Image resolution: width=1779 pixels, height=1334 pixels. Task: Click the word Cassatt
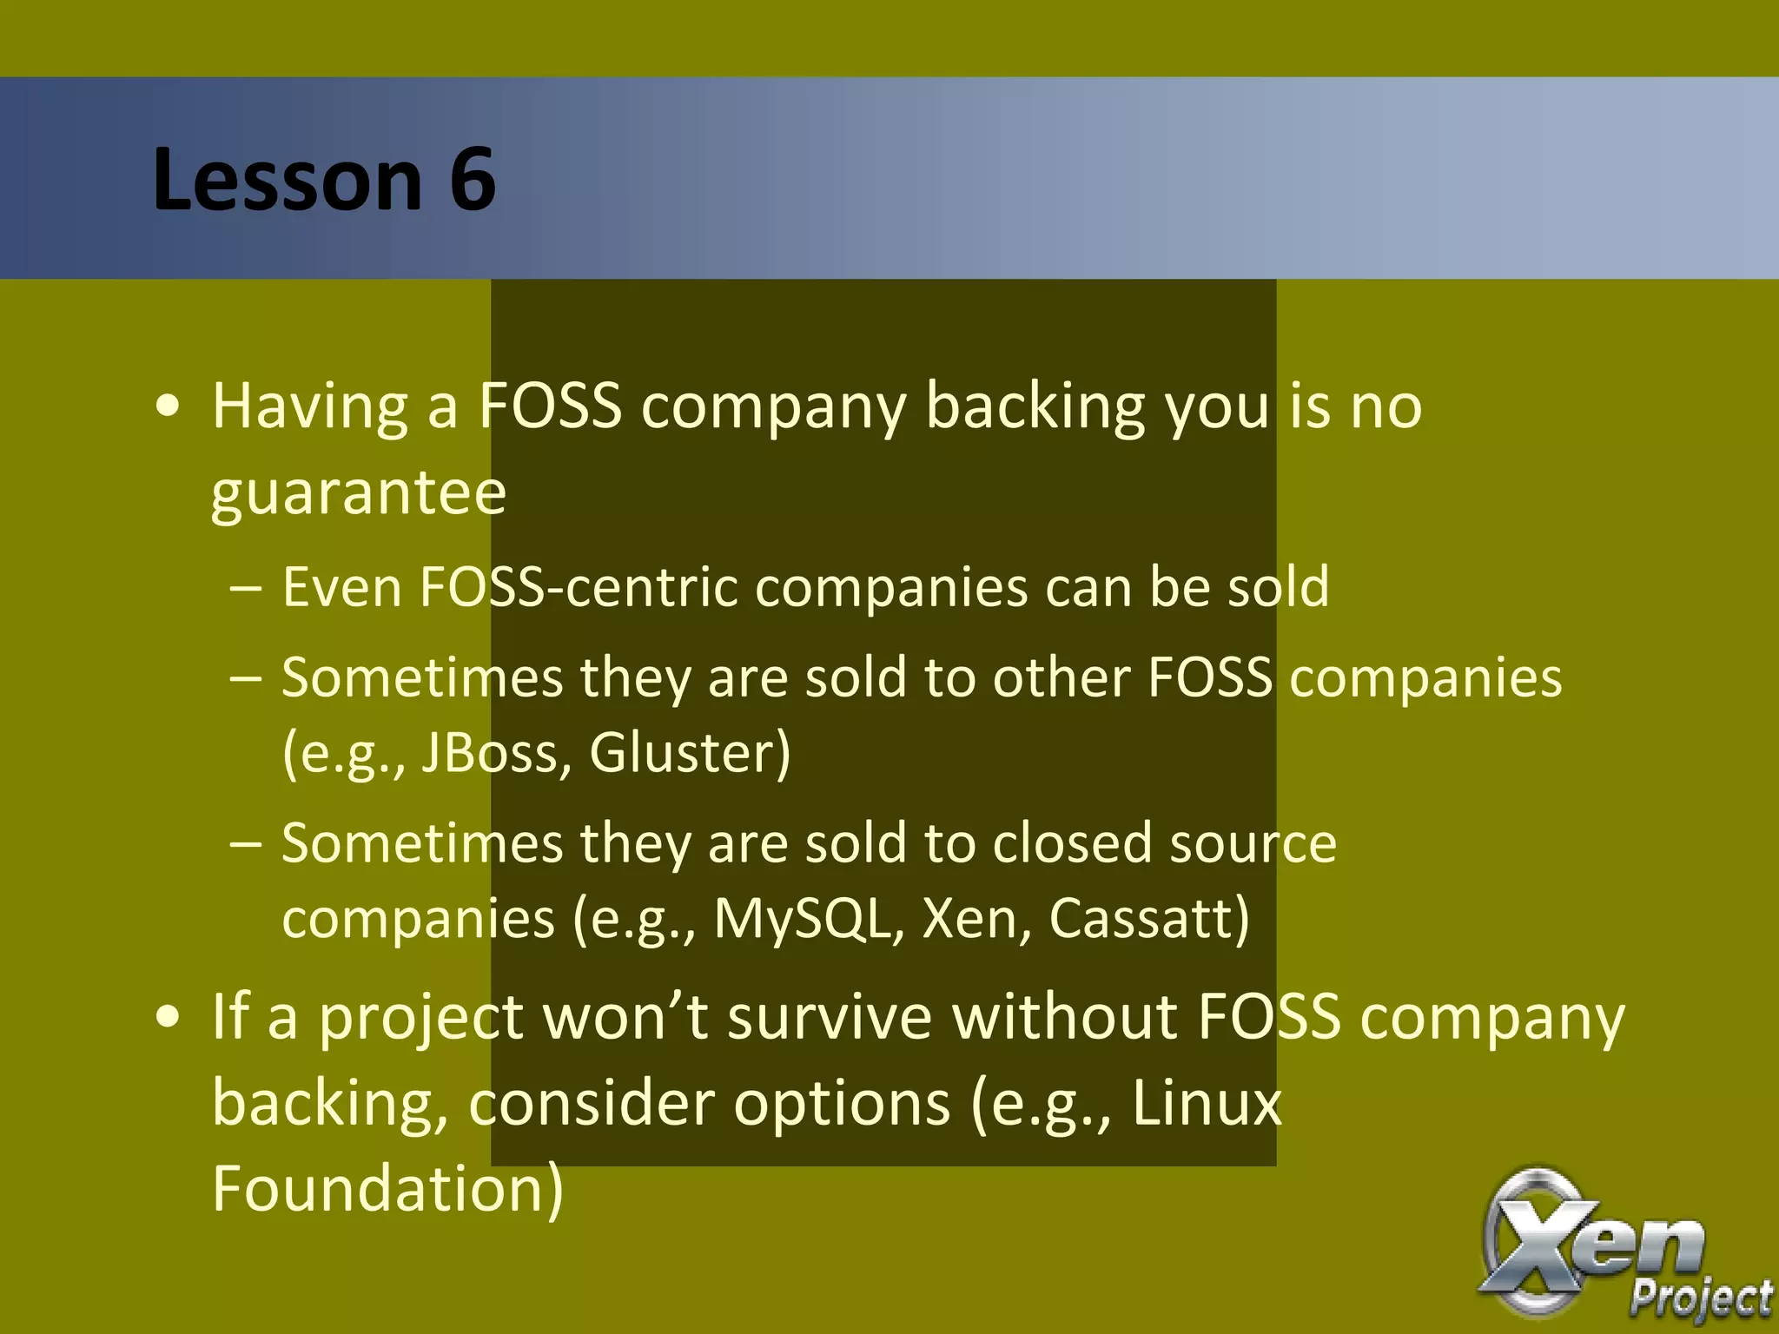1148,918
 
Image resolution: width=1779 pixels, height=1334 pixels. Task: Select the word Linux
1207,1104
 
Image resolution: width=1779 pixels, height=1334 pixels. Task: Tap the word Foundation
387,1189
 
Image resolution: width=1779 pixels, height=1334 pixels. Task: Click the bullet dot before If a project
168,1017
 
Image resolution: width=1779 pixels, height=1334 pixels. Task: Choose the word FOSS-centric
579,588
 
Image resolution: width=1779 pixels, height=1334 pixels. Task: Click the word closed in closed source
1072,843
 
